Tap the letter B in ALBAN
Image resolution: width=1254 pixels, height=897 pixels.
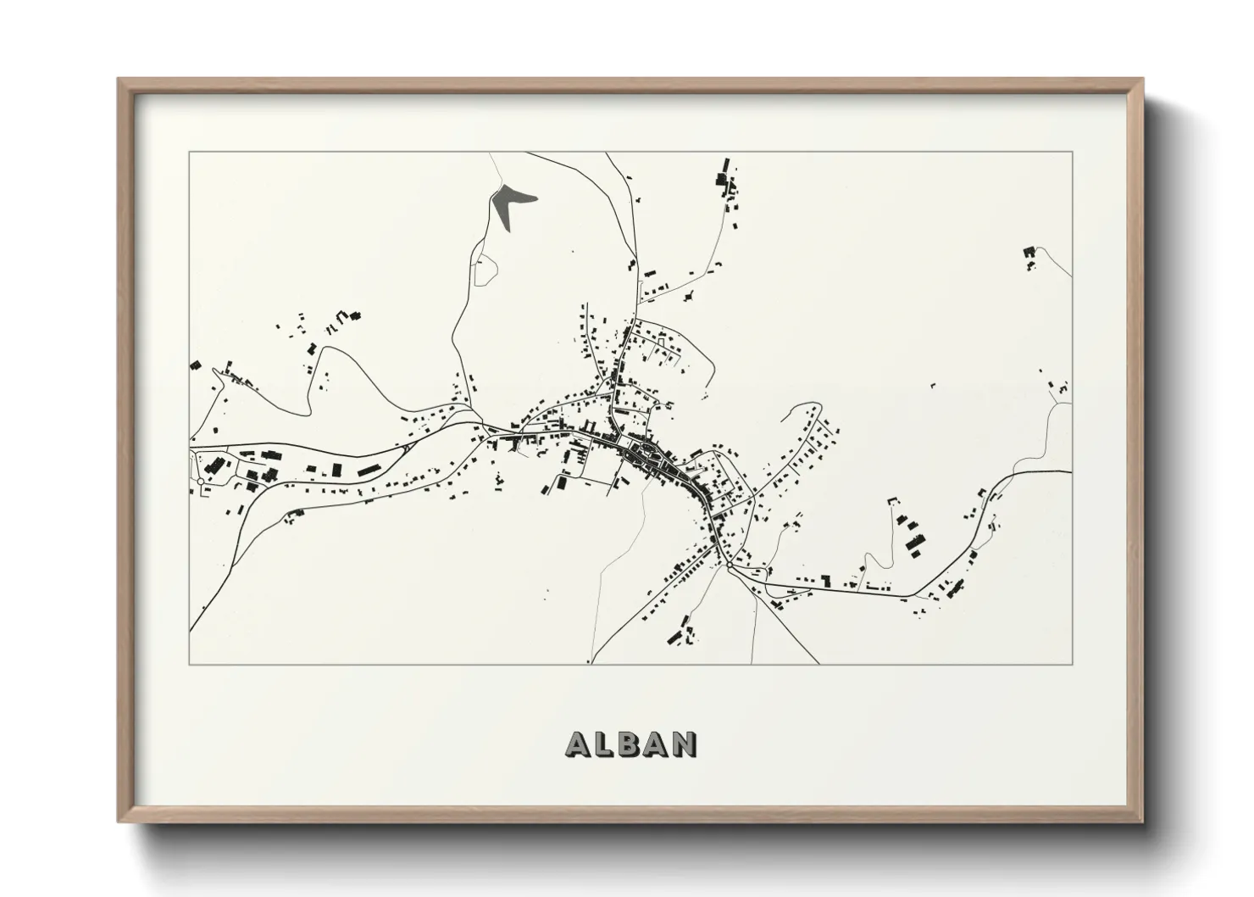(631, 744)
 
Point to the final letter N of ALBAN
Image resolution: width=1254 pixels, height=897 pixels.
(684, 744)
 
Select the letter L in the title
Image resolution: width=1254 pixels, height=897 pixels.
(606, 744)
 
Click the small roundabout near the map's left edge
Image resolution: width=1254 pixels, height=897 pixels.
(200, 482)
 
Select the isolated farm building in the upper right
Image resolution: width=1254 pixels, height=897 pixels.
(1029, 253)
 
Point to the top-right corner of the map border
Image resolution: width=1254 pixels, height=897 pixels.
(1072, 152)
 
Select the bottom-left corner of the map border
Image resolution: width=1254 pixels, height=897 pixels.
(190, 663)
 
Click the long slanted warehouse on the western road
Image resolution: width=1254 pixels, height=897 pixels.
(369, 467)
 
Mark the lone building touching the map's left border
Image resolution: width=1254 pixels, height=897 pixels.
(194, 365)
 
